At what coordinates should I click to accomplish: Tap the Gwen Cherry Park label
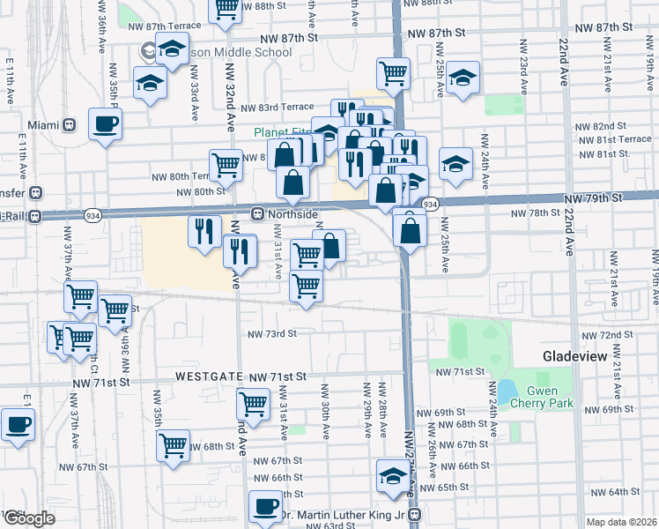(x=550, y=397)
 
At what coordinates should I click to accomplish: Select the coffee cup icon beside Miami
(x=105, y=123)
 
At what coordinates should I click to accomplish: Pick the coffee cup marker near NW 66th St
(x=264, y=506)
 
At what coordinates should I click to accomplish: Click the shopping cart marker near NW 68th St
(x=173, y=444)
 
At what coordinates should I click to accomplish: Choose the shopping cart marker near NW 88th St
(x=226, y=8)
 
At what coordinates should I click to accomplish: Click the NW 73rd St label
(x=272, y=334)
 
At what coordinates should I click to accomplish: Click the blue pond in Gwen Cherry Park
(x=506, y=391)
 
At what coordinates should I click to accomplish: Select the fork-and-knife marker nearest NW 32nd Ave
(x=240, y=251)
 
